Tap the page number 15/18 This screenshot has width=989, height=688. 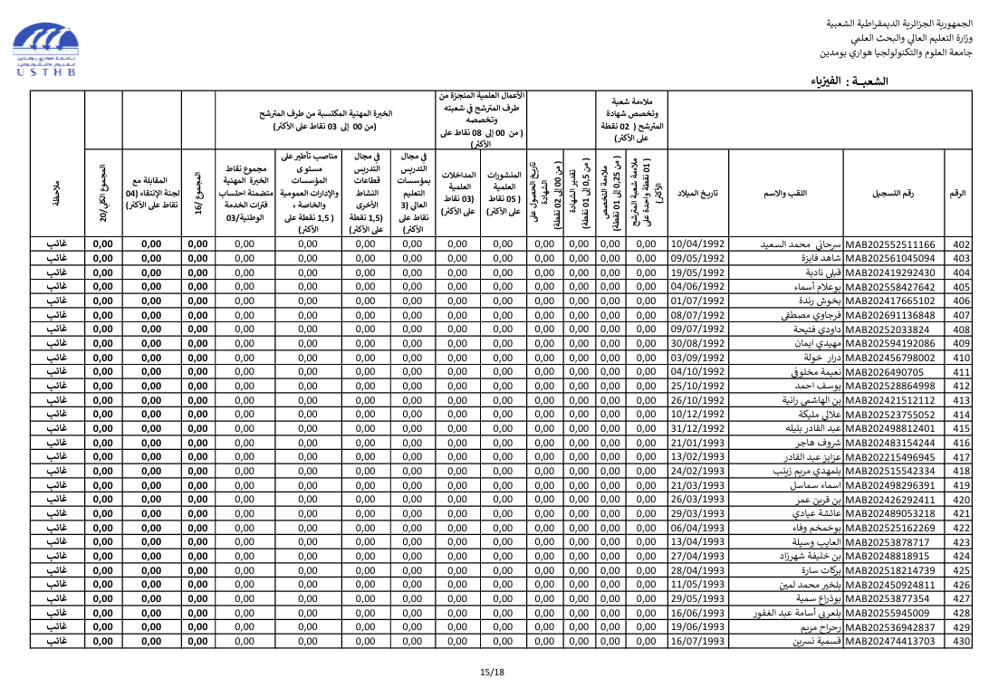pos(492,673)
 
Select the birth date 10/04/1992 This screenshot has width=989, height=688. pos(697,244)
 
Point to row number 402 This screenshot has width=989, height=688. pos(961,244)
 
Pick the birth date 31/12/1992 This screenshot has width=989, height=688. pos(697,428)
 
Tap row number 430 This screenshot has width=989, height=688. pos(961,641)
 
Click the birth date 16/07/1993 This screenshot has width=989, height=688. pos(697,641)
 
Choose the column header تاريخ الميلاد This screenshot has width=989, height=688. pos(697,194)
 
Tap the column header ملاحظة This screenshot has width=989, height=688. pos(57,194)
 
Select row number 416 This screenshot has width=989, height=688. pos(961,443)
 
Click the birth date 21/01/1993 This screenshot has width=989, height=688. pos(697,443)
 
